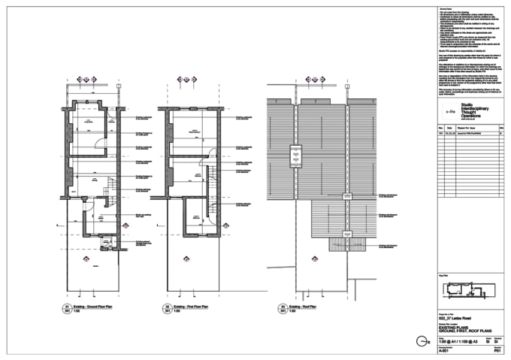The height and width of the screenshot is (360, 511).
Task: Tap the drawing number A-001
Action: coord(443,350)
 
